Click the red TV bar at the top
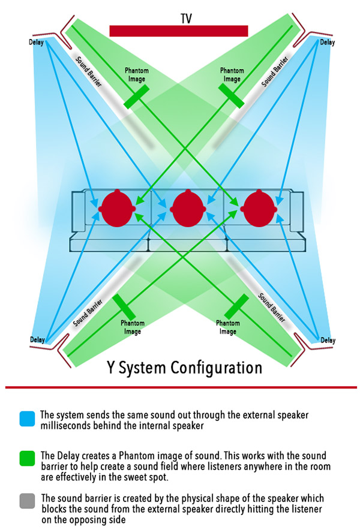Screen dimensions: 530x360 click(179, 31)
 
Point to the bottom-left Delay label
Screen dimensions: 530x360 click(37, 340)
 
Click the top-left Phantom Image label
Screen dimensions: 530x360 click(136, 75)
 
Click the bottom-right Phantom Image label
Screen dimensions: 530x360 click(227, 327)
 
